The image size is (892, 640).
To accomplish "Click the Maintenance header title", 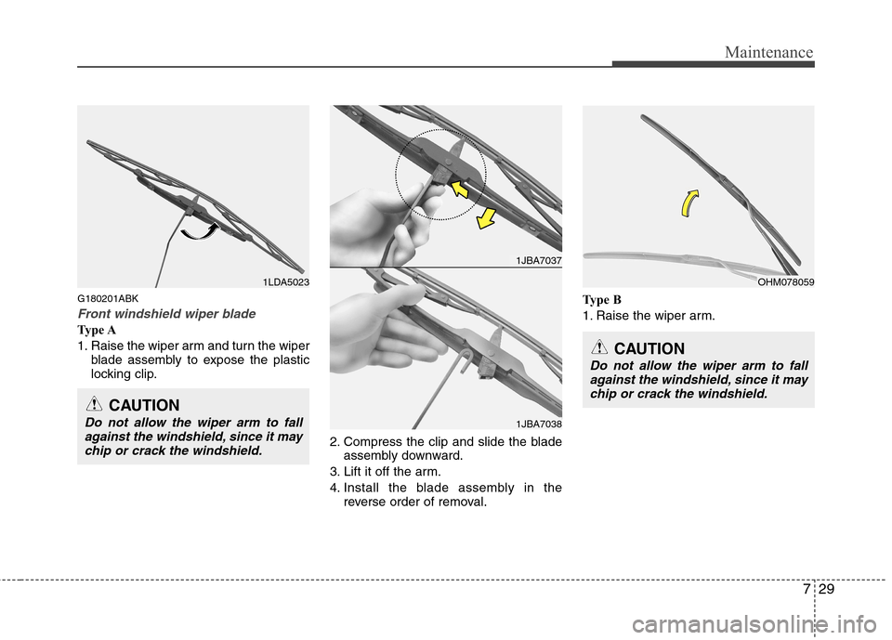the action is [768, 52].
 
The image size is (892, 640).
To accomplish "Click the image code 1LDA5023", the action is [285, 282].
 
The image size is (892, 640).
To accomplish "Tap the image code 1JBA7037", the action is [539, 260].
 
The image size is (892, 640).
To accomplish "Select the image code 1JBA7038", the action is [539, 424].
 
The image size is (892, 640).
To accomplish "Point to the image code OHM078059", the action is [786, 282].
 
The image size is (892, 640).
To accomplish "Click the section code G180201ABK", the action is [108, 299].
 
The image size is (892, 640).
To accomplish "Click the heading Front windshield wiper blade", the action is [166, 314].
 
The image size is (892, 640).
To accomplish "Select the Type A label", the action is [97, 330].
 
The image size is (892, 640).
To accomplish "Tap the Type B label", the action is [602, 300].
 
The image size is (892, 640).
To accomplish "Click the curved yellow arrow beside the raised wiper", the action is [688, 202].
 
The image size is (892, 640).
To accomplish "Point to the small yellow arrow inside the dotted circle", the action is [460, 189].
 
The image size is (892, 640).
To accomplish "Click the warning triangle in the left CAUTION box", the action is [95, 405].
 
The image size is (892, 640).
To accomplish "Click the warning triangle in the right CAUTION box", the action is [599, 348].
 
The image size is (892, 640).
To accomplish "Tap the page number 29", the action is [827, 589].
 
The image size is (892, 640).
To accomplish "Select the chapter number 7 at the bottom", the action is [807, 589].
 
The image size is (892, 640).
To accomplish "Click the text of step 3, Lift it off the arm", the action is [385, 472].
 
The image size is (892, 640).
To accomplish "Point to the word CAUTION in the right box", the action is [649, 348].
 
